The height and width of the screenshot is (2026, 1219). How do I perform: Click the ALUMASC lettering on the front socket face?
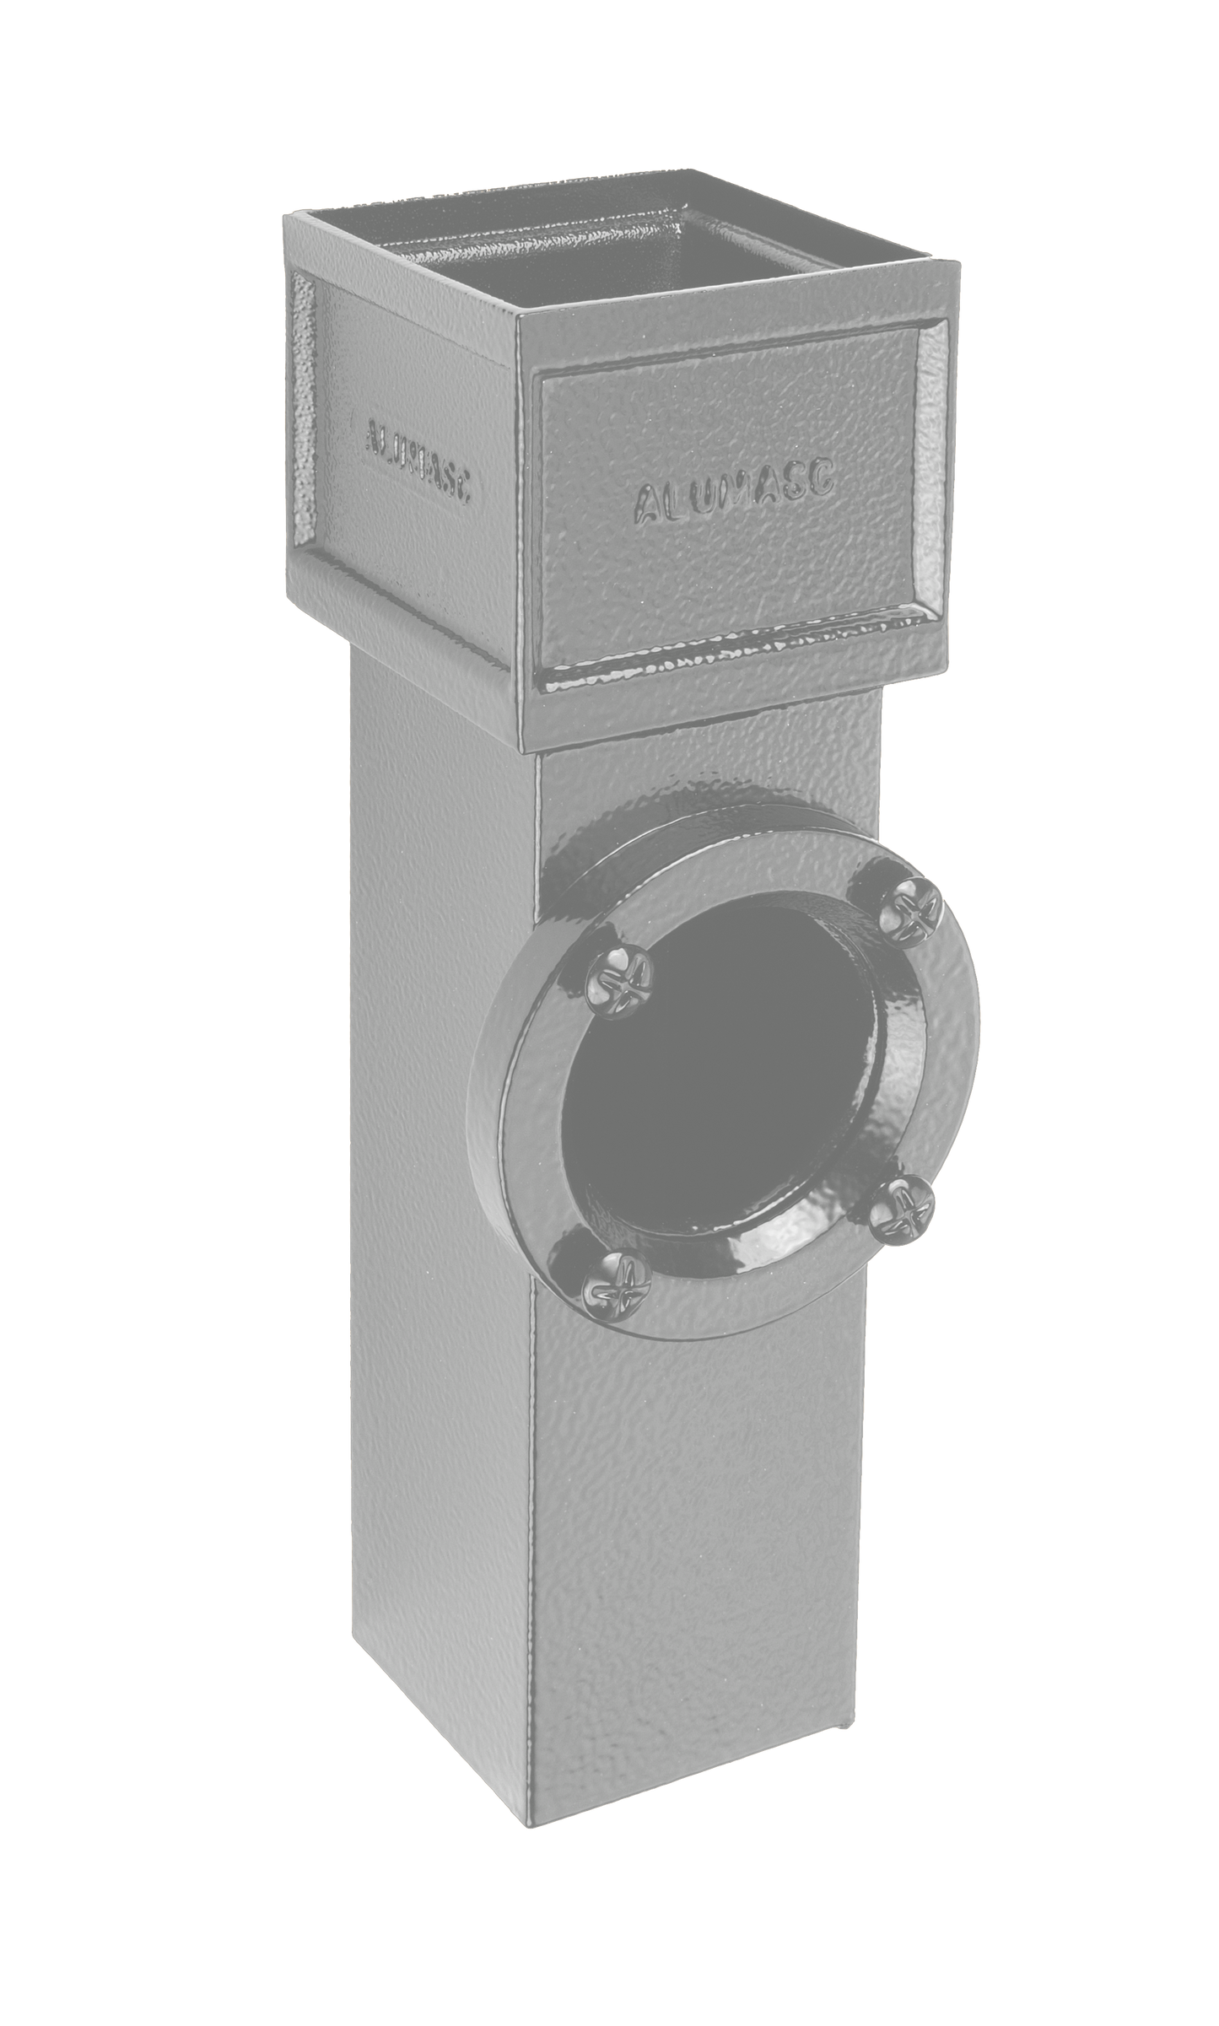click(733, 493)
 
